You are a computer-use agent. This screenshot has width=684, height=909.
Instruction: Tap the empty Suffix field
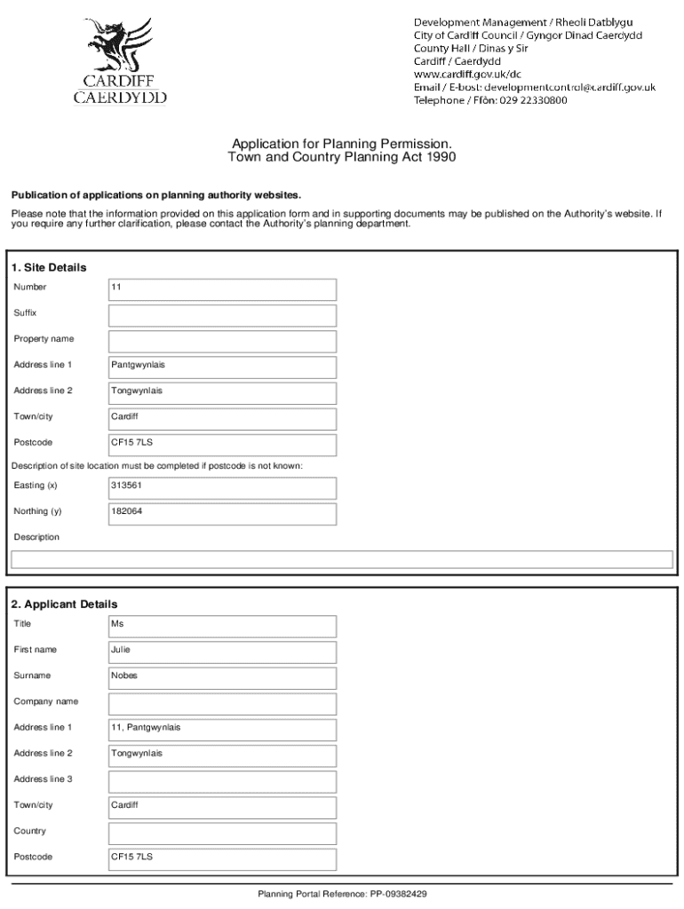pos(222,315)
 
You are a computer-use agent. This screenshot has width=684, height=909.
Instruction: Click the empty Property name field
pos(222,341)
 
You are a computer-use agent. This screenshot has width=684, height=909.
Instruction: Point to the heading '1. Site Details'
pos(49,267)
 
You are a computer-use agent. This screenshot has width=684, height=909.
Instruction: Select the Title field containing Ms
pos(222,626)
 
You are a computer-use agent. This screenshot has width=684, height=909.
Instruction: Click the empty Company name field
pos(222,704)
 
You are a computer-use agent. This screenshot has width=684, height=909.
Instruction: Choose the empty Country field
pos(222,834)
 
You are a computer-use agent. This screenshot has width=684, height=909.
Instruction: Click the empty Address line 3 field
pos(222,781)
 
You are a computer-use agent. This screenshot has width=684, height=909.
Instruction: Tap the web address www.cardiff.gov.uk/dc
pos(467,75)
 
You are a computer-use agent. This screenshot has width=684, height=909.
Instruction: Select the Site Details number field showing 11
pos(222,289)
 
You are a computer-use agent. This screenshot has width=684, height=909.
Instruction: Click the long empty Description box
pos(342,559)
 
